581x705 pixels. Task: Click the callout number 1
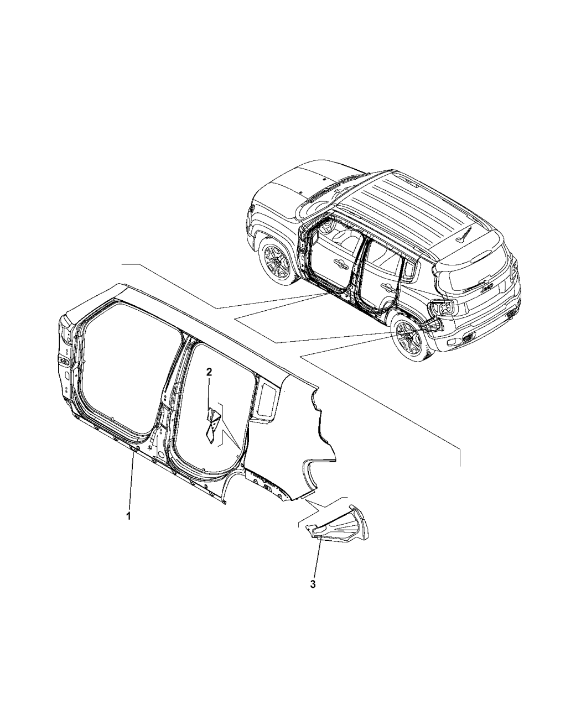click(x=128, y=525)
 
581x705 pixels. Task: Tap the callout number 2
click(x=210, y=372)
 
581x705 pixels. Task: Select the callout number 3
click(x=313, y=584)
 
